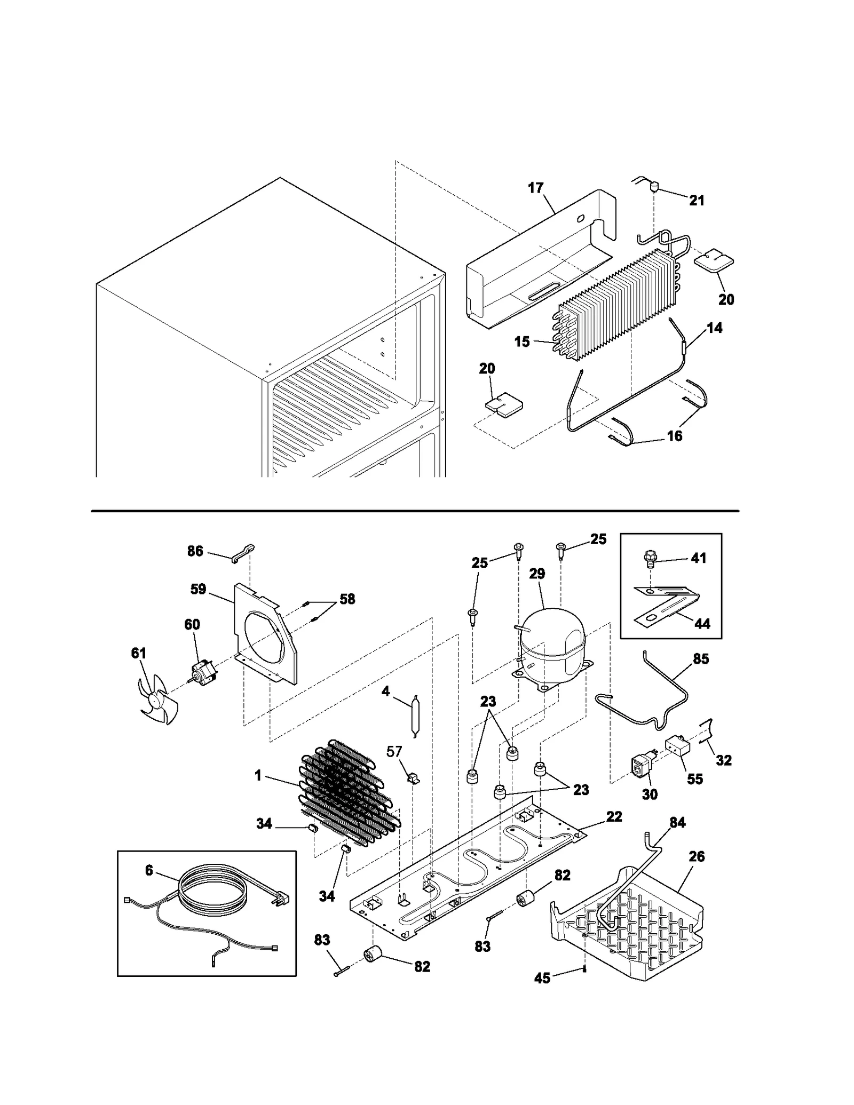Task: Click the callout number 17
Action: tap(535, 188)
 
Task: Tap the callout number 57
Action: tap(394, 751)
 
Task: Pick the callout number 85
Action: tap(701, 659)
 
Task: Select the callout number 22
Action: tap(614, 816)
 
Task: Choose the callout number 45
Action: tap(542, 978)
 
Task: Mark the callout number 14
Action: tap(714, 328)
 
